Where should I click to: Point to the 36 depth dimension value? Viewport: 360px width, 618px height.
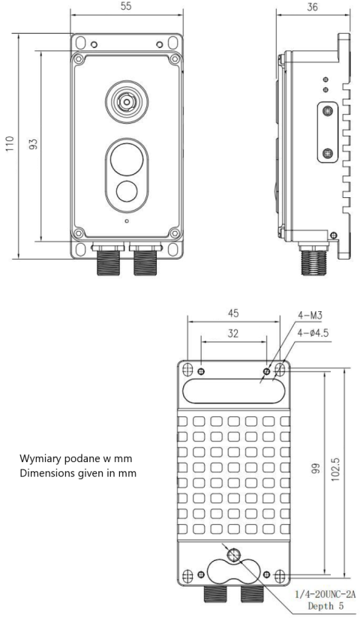pyautogui.click(x=306, y=6)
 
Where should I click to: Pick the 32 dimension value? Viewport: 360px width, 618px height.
pyautogui.click(x=232, y=333)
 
